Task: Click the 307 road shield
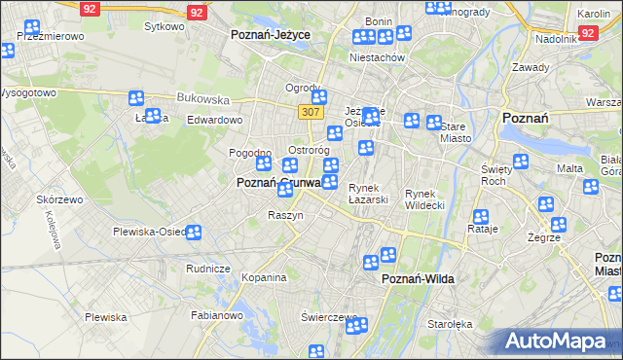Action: tap(311, 112)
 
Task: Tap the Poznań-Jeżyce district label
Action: tap(270, 34)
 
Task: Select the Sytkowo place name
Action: tap(164, 26)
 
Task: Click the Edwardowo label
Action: tap(214, 120)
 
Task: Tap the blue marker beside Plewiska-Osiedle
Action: tap(194, 233)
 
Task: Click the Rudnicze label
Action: tap(207, 269)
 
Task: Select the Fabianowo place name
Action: tap(216, 314)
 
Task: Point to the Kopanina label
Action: tap(264, 277)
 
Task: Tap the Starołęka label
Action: tap(450, 324)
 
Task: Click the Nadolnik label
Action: tap(557, 40)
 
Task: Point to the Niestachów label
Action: tap(376, 57)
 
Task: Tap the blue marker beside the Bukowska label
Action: tap(136, 98)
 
